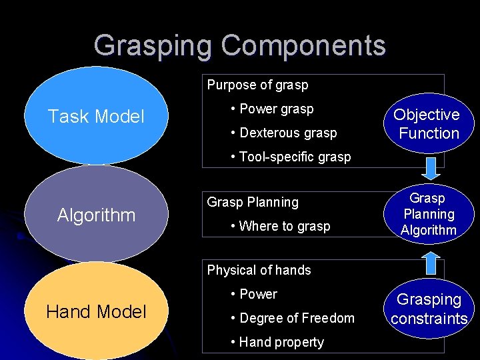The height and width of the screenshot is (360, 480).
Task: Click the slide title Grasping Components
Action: tap(239, 45)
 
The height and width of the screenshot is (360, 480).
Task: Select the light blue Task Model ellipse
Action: tap(96, 117)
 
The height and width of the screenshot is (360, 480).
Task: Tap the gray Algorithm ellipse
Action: tap(96, 215)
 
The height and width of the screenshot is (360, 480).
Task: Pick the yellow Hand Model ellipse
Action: tap(96, 311)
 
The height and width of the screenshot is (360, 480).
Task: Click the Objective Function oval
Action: tap(429, 123)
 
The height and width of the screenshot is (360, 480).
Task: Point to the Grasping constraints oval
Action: tap(429, 309)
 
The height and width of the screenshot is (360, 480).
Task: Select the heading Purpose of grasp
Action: tap(257, 85)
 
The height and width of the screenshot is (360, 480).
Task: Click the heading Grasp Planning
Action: tap(253, 202)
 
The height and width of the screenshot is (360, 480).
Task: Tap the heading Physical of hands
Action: tap(259, 270)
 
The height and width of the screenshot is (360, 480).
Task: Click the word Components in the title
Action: tap(303, 45)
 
